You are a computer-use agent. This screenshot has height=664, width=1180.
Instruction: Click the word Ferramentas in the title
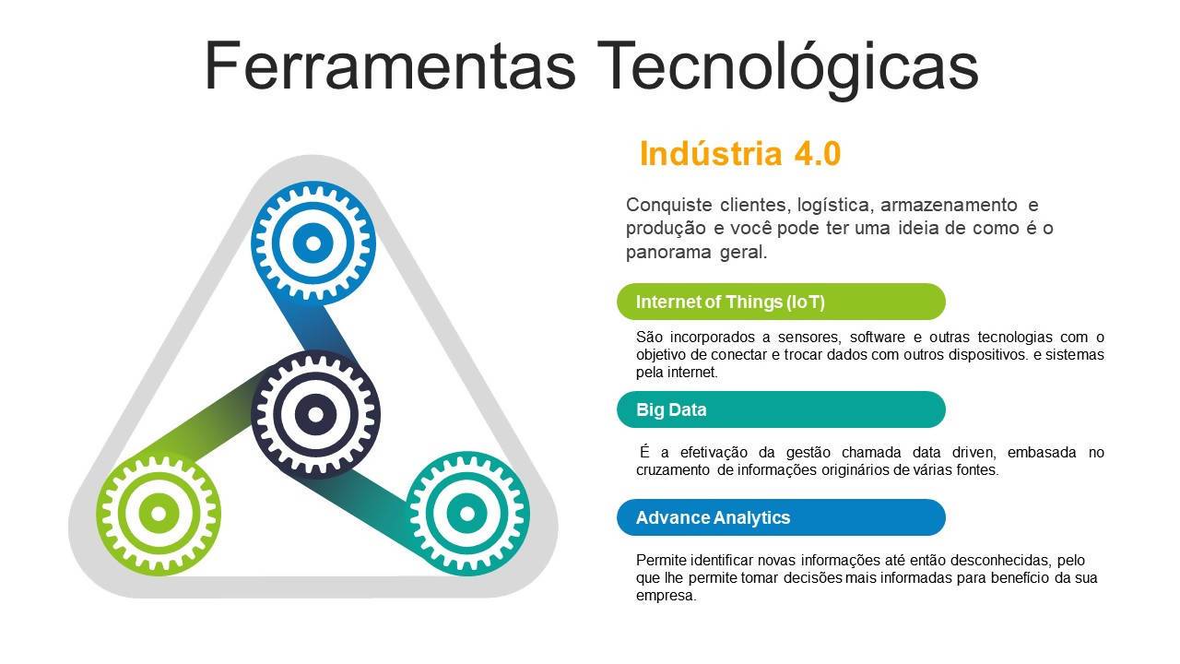pyautogui.click(x=390, y=65)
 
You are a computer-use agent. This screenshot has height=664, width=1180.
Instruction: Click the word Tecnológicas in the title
pyautogui.click(x=787, y=69)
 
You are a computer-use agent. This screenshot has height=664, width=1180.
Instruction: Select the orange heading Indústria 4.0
pyautogui.click(x=740, y=154)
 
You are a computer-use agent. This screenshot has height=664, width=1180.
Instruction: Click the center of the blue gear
pyautogui.click(x=313, y=243)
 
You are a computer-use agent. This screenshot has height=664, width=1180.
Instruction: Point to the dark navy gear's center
pyautogui.click(x=315, y=415)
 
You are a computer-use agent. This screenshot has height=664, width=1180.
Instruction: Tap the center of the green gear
pyautogui.click(x=159, y=514)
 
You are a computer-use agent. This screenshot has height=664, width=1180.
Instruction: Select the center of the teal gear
pyautogui.click(x=466, y=514)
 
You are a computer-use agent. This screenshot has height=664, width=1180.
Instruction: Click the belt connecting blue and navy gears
pyautogui.click(x=320, y=329)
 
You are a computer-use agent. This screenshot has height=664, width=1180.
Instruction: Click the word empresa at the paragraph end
pyautogui.click(x=666, y=596)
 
